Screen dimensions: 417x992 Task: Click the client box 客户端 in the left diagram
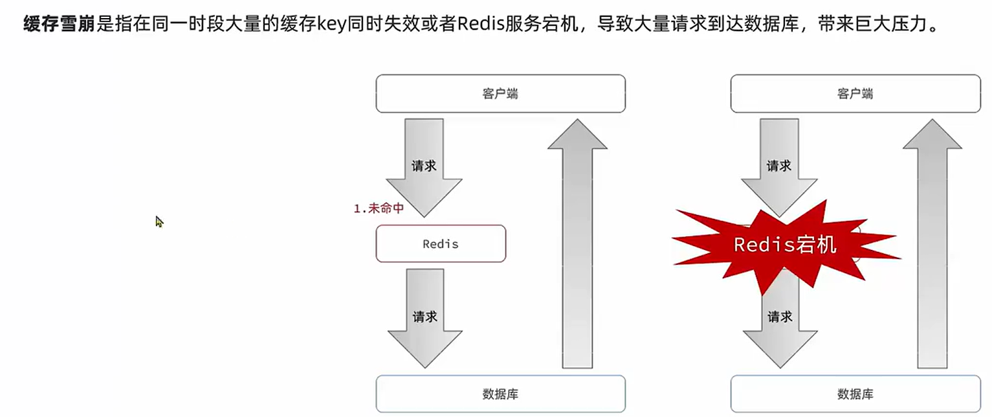pos(500,94)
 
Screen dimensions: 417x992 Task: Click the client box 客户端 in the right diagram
pos(855,94)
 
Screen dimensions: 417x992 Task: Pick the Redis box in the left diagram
pos(441,244)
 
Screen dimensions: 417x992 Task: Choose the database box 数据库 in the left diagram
pos(500,394)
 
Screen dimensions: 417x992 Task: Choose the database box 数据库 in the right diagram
pos(855,394)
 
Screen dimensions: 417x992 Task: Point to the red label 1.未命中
pos(379,208)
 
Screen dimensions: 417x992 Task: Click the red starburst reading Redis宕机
pos(784,244)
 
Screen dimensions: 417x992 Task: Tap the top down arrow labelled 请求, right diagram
pos(779,165)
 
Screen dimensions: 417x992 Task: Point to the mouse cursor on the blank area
pos(158,221)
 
